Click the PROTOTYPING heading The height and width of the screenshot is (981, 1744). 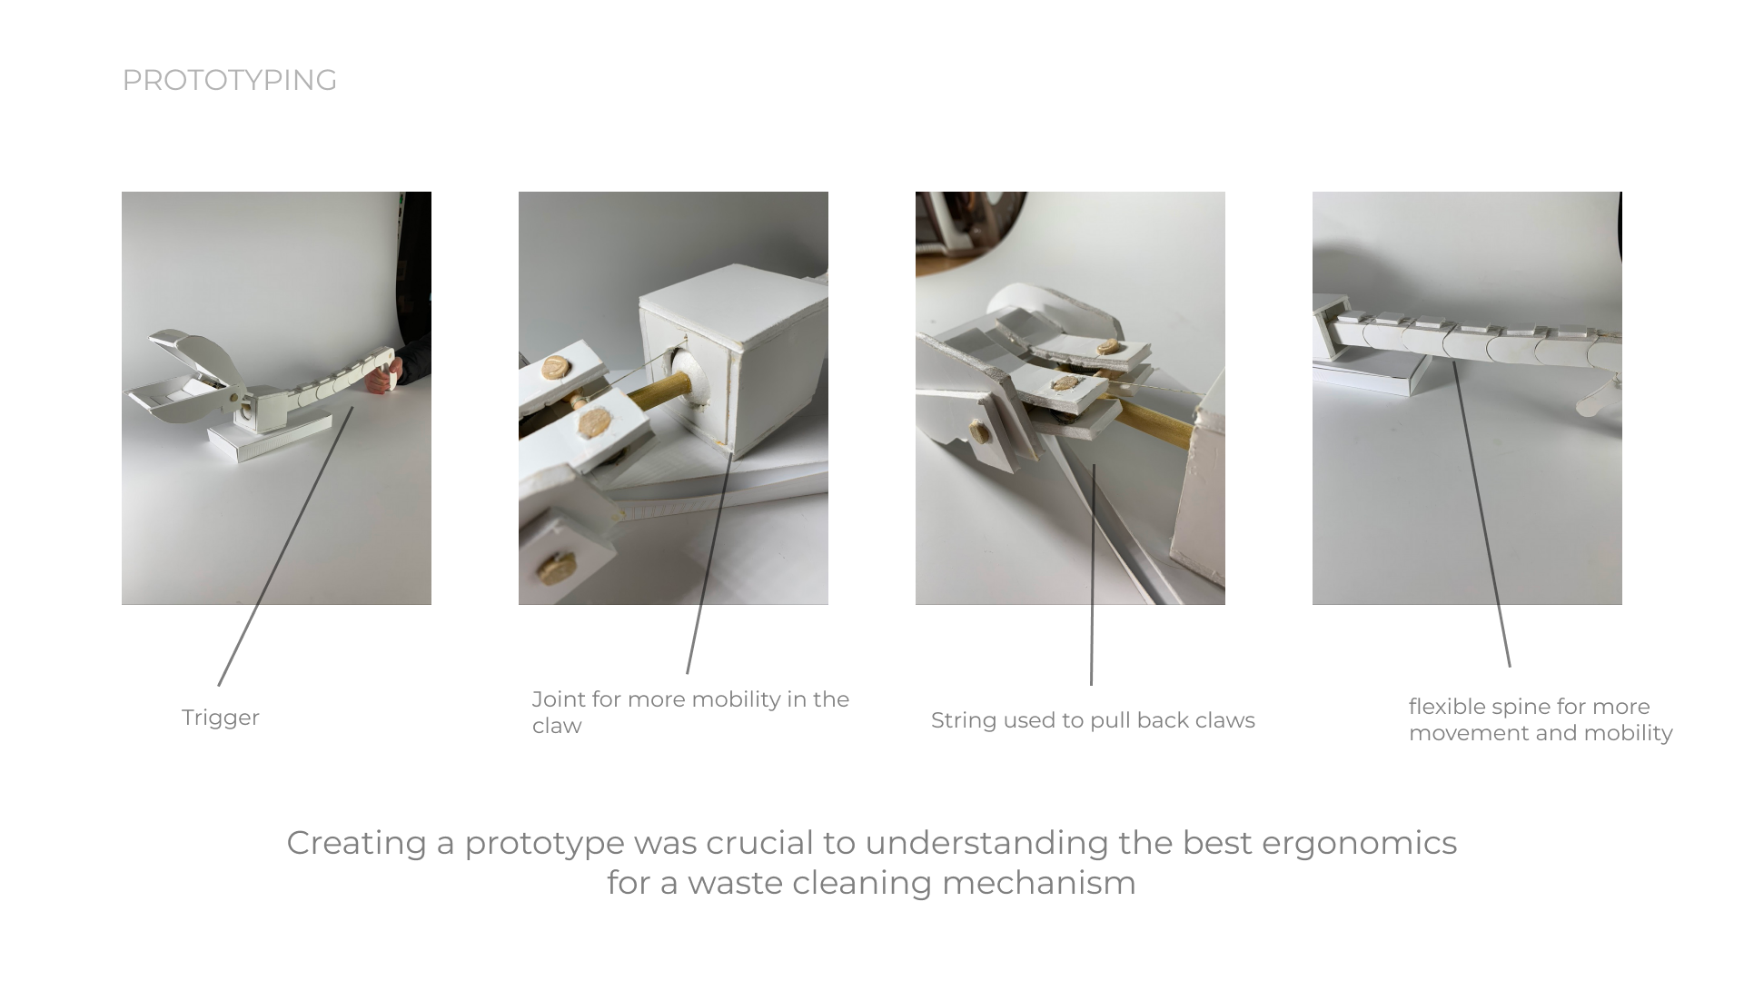pos(229,80)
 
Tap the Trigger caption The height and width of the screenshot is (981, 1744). pos(221,718)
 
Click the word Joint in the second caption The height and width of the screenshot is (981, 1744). pos(559,699)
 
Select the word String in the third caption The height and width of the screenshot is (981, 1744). pos(964,720)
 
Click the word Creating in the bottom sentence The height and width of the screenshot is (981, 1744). pos(357,844)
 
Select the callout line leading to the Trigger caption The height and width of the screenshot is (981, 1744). pos(285,546)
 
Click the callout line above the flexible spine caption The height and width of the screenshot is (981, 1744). pos(1481,514)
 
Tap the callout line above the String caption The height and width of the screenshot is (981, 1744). pos(1093,574)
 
